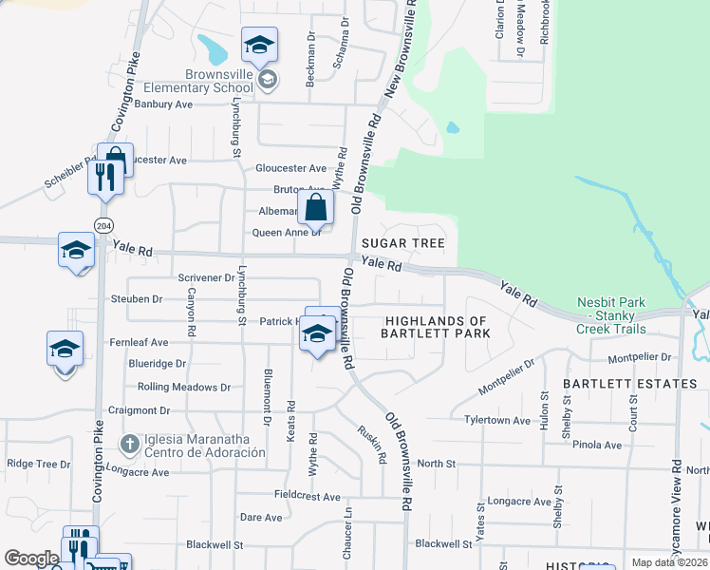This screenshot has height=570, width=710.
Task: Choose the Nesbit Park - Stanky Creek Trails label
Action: click(611, 316)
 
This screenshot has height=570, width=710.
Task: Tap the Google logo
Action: click(31, 559)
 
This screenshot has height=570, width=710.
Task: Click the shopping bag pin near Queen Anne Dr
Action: click(315, 206)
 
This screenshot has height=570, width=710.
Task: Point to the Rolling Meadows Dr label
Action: click(184, 388)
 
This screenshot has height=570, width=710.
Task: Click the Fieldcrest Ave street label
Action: click(306, 497)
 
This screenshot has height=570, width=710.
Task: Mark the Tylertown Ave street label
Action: click(496, 420)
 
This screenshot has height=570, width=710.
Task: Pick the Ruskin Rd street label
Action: click(370, 443)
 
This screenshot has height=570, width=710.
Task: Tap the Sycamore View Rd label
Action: click(676, 494)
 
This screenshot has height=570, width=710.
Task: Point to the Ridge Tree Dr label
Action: click(39, 465)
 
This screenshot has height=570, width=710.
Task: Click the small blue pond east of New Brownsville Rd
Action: click(453, 127)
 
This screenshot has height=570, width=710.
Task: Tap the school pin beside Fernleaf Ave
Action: click(65, 349)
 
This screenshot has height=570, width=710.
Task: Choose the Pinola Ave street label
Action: click(599, 445)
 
